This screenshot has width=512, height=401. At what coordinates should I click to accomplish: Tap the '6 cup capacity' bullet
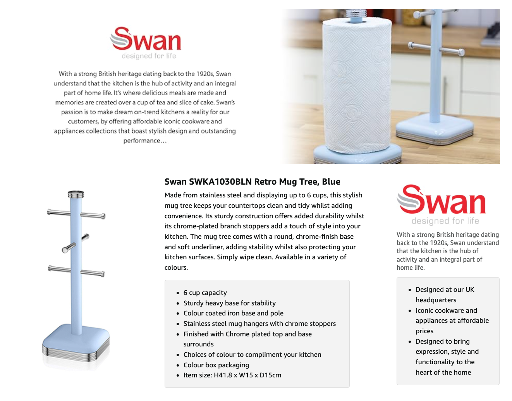(205, 293)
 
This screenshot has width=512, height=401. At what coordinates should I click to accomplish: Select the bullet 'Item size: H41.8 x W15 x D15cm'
(232, 375)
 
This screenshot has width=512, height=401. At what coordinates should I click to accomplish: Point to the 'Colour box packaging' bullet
(216, 365)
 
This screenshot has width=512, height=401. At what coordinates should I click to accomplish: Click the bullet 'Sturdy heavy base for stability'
(230, 303)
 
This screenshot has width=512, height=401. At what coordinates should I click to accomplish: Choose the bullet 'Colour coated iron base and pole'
(233, 313)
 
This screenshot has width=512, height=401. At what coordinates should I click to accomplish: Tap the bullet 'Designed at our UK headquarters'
(445, 295)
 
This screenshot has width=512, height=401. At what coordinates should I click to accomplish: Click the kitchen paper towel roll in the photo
(357, 86)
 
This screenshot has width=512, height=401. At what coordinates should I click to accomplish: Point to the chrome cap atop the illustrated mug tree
(76, 194)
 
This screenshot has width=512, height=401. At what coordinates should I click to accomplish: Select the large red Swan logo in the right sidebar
(441, 199)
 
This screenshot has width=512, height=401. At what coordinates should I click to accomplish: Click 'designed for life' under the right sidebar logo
(445, 221)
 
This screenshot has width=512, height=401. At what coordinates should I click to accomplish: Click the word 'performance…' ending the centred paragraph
(145, 141)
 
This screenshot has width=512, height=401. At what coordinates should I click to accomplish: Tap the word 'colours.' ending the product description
(176, 267)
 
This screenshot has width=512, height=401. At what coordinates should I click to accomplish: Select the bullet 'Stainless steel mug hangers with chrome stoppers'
(259, 324)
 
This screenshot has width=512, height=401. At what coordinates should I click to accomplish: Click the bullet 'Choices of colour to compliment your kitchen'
(252, 355)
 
